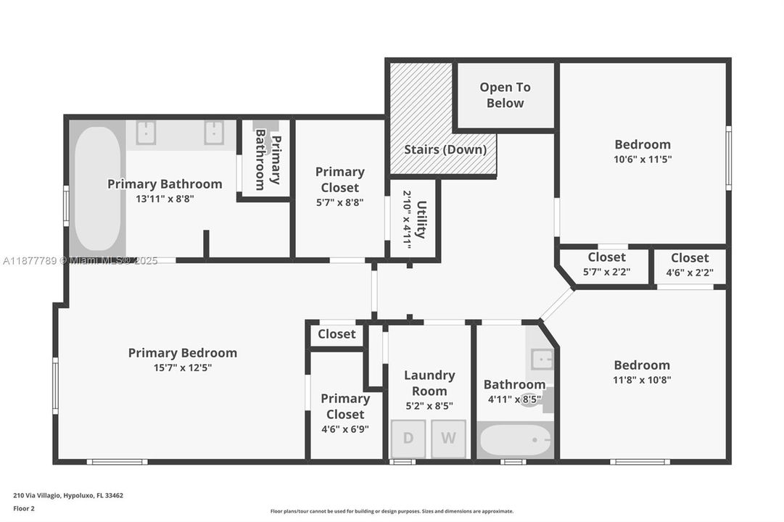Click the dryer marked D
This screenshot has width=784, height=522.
[x=408, y=439]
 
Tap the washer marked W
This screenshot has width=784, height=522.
[x=448, y=439]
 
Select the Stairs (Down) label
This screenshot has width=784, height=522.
[x=445, y=150]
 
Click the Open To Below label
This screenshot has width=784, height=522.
[x=505, y=95]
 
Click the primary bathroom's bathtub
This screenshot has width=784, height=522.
[x=97, y=188]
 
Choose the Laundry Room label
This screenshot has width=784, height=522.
[x=429, y=383]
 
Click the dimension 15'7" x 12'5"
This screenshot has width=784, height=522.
[x=183, y=368]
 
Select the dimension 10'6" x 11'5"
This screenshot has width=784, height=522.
[x=643, y=159]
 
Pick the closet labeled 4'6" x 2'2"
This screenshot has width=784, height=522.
[x=690, y=265]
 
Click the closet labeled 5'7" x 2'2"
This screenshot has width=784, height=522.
[x=607, y=265]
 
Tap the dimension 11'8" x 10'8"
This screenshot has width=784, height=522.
[x=642, y=379]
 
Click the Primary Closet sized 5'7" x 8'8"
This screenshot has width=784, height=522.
[x=339, y=187]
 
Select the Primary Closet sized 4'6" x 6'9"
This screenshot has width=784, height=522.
[x=345, y=413]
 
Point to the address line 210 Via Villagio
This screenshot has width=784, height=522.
[x=68, y=496]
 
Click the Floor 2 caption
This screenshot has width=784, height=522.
[x=24, y=509]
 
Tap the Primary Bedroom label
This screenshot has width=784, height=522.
[x=183, y=353]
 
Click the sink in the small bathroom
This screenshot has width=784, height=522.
[x=540, y=359]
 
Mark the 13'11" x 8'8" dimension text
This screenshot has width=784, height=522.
[x=165, y=198]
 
